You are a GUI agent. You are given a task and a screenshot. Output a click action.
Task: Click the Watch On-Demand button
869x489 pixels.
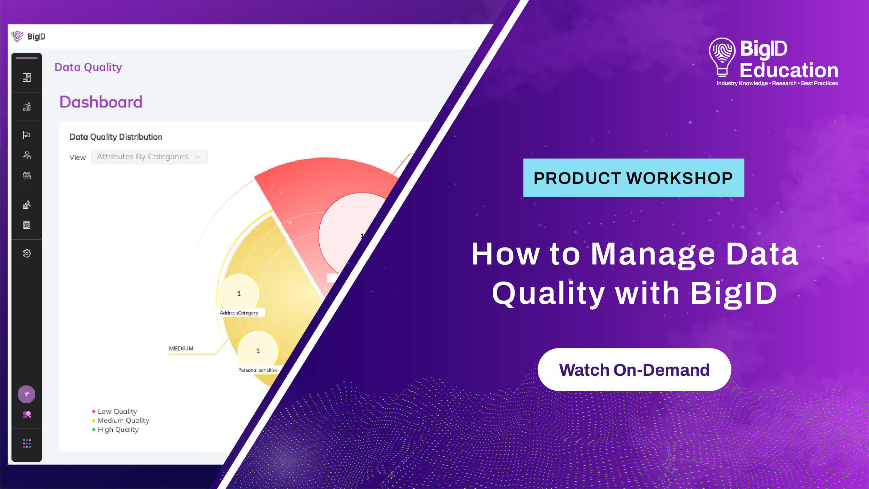(x=634, y=369)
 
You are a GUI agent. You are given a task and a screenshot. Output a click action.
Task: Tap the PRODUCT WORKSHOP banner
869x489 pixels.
(x=633, y=178)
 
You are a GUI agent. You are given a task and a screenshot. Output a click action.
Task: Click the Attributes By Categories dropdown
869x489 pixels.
(x=149, y=157)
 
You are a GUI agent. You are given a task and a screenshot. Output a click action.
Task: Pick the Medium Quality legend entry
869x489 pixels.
(x=121, y=421)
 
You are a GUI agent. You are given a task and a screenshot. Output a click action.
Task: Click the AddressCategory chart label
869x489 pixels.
(x=239, y=313)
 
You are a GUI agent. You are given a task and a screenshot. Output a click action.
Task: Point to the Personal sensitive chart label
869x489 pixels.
(x=258, y=370)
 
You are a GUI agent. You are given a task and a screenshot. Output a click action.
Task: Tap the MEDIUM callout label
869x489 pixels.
(x=181, y=349)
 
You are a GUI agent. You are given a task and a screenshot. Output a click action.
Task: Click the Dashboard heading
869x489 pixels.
(x=101, y=102)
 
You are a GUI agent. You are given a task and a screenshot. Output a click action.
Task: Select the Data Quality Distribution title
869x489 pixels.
(x=116, y=137)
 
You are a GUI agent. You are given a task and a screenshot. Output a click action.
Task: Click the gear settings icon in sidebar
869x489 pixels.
(x=27, y=253)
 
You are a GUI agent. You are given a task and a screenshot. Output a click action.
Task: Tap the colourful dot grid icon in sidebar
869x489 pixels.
(x=27, y=443)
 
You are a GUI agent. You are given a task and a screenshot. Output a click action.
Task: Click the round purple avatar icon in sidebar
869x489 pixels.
(x=27, y=394)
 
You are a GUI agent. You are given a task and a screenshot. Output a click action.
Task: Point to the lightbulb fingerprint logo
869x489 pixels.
(x=722, y=57)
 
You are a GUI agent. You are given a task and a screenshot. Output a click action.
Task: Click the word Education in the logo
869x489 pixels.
(x=789, y=71)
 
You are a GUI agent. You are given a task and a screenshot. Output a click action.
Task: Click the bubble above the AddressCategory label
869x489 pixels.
(x=239, y=293)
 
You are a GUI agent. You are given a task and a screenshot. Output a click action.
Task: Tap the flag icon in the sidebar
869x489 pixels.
(x=27, y=135)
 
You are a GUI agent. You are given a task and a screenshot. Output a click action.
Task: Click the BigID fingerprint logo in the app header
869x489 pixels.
(x=17, y=36)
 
